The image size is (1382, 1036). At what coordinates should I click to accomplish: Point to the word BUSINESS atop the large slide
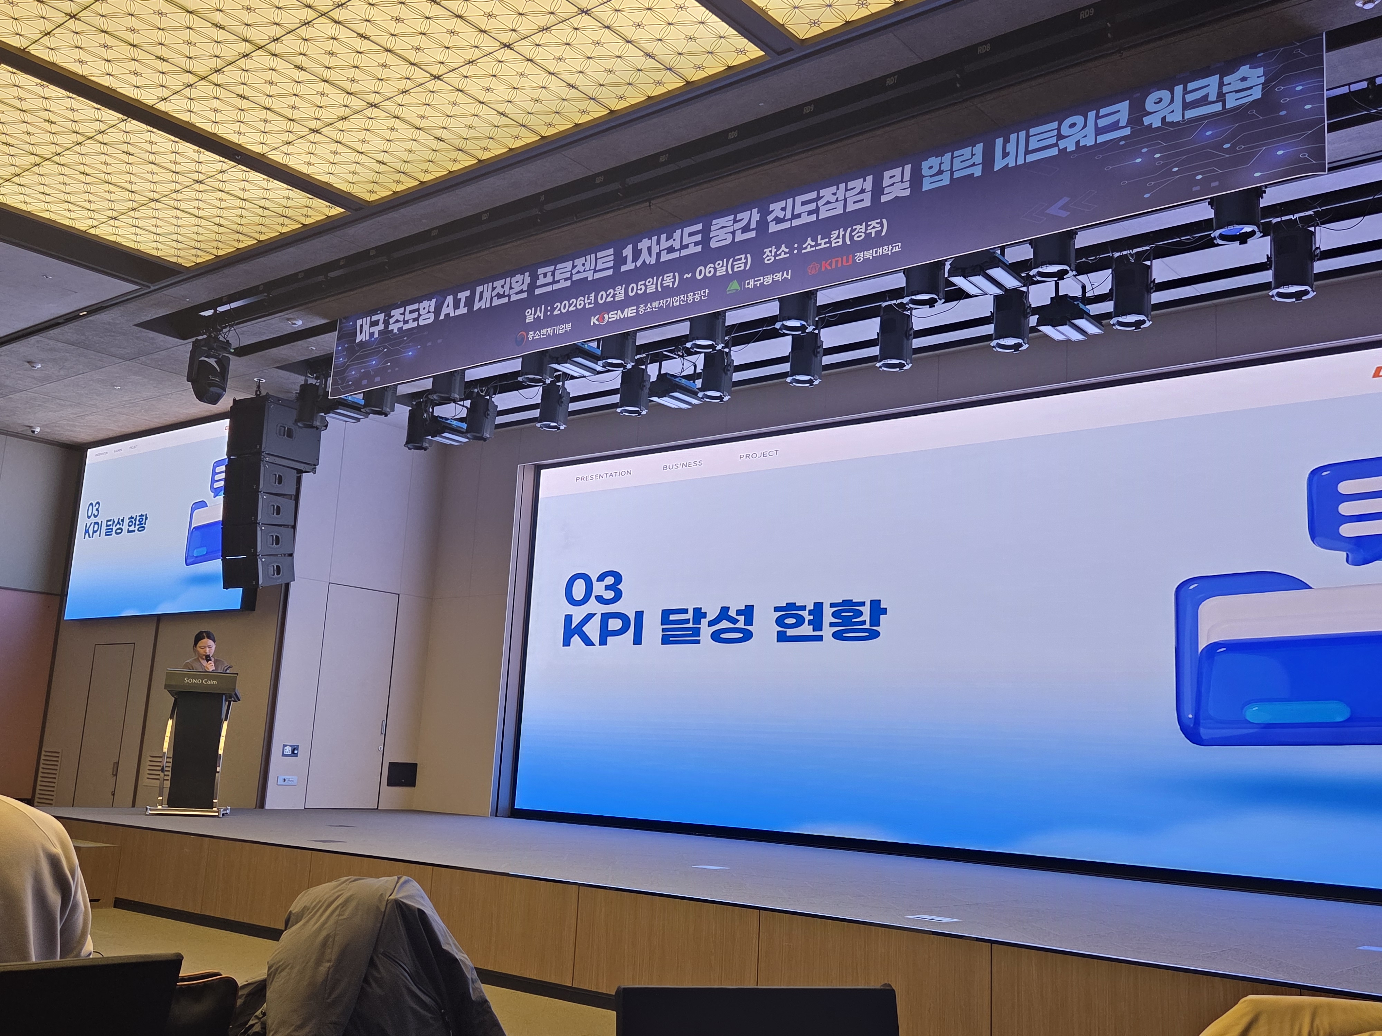pos(682,464)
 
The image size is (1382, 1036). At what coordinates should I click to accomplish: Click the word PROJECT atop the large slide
pos(758,454)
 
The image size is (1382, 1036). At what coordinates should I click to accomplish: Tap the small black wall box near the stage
pos(402,774)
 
